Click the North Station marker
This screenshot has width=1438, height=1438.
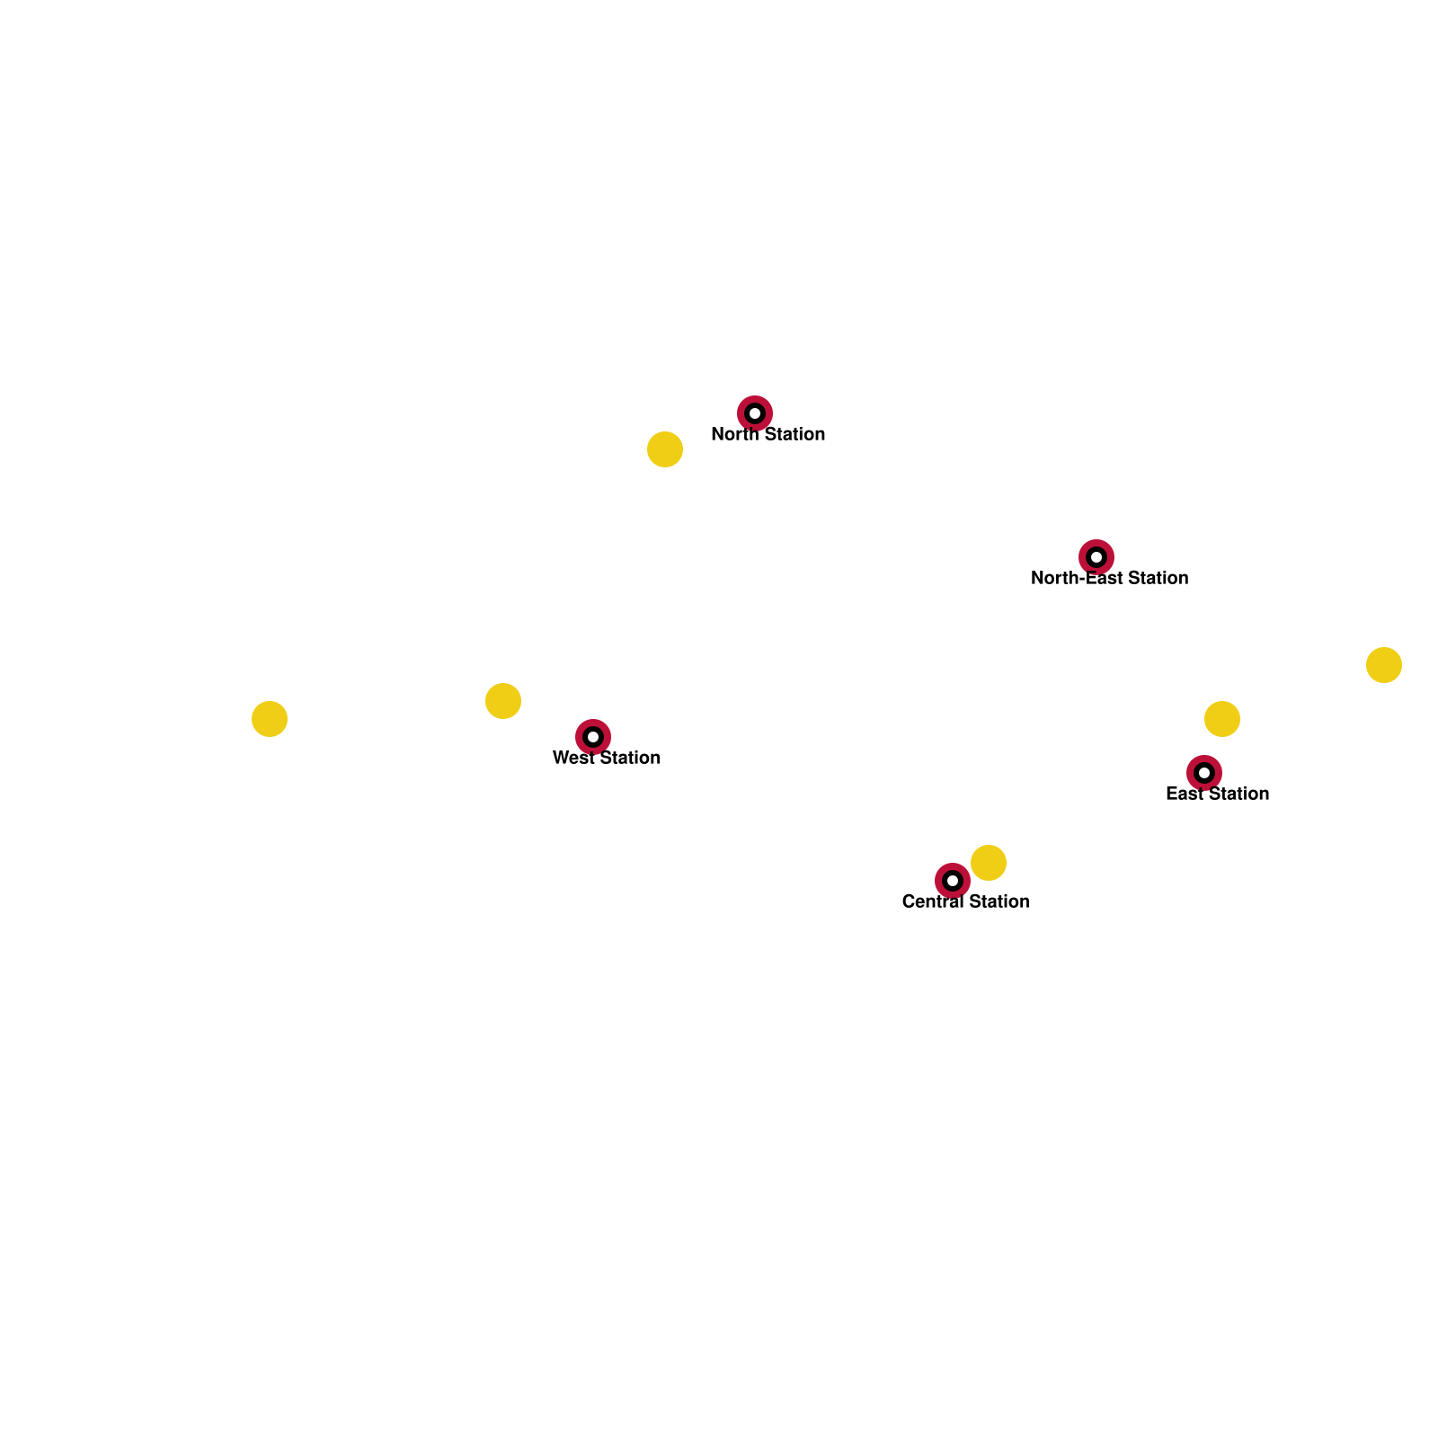(x=755, y=413)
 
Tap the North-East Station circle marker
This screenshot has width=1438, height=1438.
(x=1096, y=557)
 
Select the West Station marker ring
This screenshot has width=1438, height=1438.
(x=593, y=737)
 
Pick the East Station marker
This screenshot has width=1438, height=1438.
(x=1204, y=773)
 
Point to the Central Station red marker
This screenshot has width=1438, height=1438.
(x=953, y=881)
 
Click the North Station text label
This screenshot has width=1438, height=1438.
(x=768, y=435)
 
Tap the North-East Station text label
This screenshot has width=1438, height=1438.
(x=1109, y=579)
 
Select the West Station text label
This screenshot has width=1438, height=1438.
(x=607, y=759)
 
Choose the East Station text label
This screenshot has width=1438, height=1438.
(x=1217, y=794)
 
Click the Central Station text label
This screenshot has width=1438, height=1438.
(x=965, y=902)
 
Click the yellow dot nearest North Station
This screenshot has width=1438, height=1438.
(x=665, y=449)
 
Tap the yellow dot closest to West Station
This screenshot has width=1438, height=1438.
(x=503, y=701)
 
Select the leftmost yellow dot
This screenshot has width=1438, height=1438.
(x=270, y=719)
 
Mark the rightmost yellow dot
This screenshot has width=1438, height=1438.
(x=1384, y=665)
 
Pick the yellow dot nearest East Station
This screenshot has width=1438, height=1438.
(x=1222, y=719)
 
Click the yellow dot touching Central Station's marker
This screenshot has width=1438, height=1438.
(x=989, y=863)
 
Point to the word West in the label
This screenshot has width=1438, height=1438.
(x=573, y=759)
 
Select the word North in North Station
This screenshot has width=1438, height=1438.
(x=734, y=435)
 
